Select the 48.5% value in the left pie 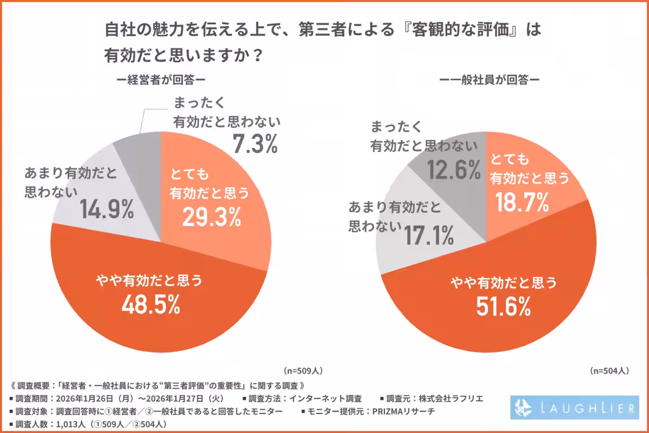150,305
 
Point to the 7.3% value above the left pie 255,144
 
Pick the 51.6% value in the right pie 503,307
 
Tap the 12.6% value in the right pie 454,170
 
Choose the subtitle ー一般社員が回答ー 490,80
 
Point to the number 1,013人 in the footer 68,424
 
